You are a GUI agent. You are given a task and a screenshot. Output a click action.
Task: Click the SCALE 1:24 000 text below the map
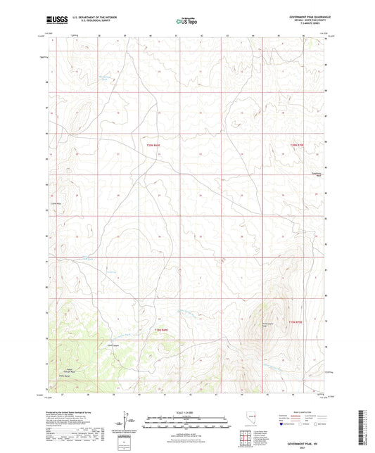point(187,411)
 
